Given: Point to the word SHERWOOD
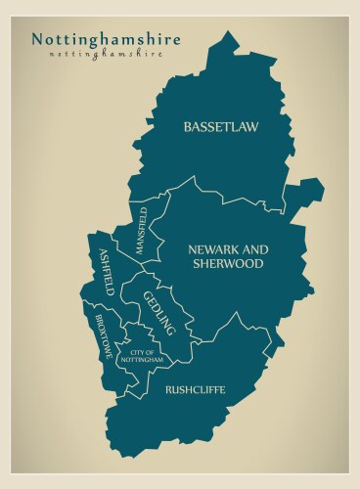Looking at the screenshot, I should tap(228, 263).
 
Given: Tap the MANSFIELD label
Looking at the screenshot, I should tap(141, 231).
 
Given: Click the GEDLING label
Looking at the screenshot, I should tap(159, 313).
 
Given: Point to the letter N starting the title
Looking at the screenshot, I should tap(37, 39).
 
